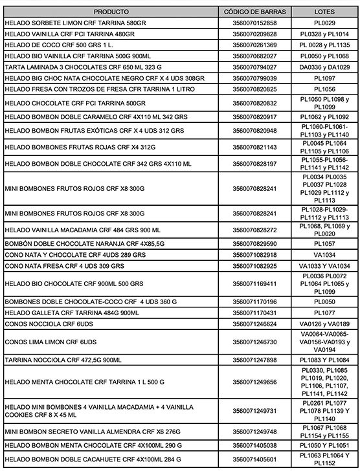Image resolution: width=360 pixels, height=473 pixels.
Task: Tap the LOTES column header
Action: tap(324, 12)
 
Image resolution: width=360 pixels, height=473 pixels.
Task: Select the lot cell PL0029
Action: tap(324, 23)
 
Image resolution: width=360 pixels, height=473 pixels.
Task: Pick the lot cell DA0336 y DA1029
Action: tap(324, 67)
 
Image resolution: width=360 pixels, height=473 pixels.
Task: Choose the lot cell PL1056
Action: tap(324, 89)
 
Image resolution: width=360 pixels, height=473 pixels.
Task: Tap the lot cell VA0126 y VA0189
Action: tap(324, 324)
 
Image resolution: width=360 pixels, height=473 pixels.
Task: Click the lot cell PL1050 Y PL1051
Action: tap(324, 446)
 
